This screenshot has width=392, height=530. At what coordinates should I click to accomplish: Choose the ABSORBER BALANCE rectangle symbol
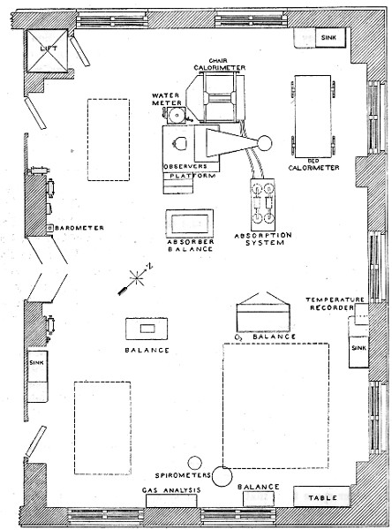tap(189, 222)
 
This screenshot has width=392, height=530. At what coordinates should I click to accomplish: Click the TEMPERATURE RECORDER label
tap(335, 306)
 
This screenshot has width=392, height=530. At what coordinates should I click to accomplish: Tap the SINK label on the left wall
tap(36, 361)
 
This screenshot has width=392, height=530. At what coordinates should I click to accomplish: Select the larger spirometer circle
tap(222, 476)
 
